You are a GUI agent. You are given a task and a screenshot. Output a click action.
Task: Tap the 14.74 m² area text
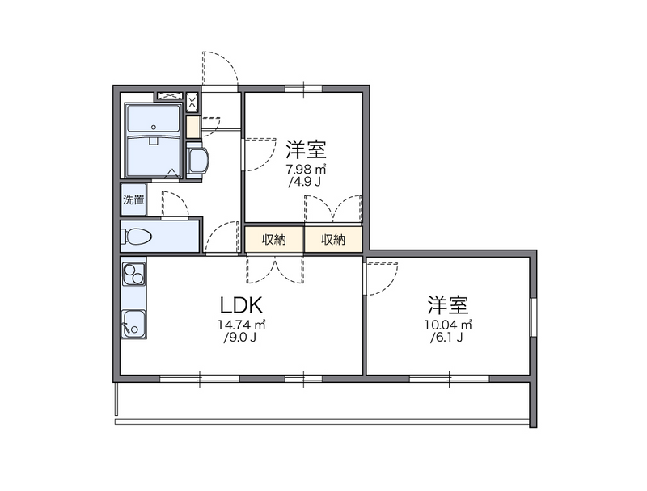[241, 325]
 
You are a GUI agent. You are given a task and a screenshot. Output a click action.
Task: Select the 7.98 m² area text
[306, 170]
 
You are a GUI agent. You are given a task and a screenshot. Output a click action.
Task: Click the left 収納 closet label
[274, 239]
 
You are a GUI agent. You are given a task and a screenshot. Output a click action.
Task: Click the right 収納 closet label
[333, 239]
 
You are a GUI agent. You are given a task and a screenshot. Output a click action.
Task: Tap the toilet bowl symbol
[137, 237]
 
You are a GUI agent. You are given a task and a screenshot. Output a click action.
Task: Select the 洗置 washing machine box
[133, 199]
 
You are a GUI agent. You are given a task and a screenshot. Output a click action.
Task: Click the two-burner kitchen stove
[133, 275]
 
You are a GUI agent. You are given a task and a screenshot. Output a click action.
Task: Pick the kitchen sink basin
[133, 322]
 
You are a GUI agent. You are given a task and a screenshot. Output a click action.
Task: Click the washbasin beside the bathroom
[198, 160]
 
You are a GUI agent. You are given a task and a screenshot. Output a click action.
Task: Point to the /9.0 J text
[240, 338]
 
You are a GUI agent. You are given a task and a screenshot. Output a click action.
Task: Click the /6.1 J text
[448, 338]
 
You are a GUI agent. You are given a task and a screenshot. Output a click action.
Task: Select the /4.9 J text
[305, 183]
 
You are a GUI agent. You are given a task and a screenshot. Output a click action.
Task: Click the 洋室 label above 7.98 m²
[306, 150]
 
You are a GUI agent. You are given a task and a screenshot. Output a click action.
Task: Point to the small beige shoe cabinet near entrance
[192, 127]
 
